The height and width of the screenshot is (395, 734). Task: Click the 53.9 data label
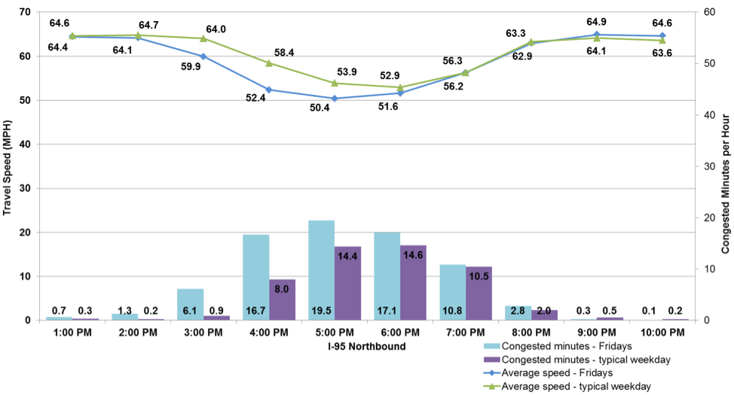[x=347, y=72]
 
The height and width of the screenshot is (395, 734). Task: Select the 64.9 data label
[x=609, y=22]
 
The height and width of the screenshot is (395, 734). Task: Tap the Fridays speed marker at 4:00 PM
[x=269, y=90]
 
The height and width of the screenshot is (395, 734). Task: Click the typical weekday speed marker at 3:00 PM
[x=203, y=38]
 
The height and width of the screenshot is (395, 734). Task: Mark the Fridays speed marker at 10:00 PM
[x=662, y=35]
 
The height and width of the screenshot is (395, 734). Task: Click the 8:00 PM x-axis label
[x=531, y=333]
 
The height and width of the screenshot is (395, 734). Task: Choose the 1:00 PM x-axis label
[x=73, y=333]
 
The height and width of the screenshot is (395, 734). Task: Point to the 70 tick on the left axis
[x=25, y=13]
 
